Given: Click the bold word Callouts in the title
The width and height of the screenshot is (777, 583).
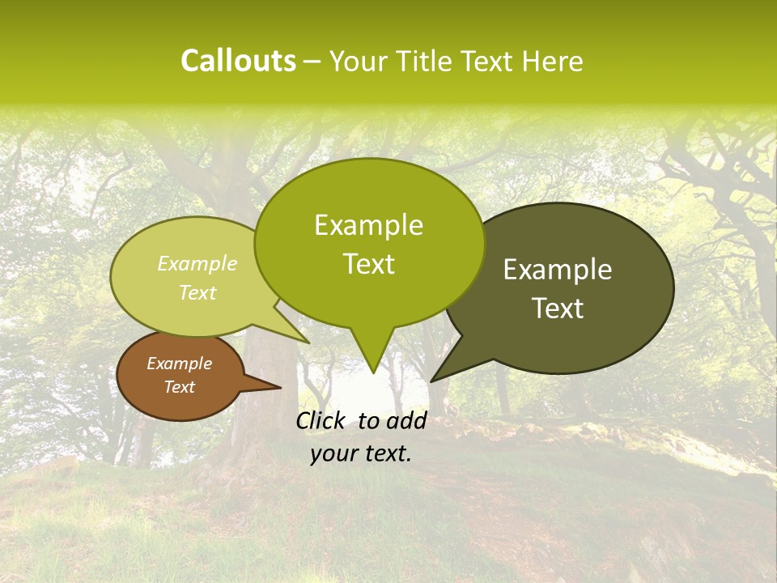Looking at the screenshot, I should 238,61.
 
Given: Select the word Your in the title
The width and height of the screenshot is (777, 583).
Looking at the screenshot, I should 358,61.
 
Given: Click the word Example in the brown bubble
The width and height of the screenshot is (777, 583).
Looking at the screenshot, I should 179,364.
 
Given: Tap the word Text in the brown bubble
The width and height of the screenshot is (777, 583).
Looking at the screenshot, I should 179,387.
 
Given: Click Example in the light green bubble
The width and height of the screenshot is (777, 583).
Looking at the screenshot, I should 197,264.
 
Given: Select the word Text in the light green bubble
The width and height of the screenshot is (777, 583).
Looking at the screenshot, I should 197,292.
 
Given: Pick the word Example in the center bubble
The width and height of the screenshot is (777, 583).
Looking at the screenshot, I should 368,225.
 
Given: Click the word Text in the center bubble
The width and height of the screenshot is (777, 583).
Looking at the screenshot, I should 368,264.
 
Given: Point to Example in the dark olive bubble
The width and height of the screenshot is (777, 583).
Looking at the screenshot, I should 558,270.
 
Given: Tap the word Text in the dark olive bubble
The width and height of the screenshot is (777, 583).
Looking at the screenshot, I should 558,309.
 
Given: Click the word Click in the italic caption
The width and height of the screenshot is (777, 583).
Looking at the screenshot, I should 321,420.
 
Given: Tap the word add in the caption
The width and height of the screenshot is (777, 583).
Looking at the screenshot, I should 405,420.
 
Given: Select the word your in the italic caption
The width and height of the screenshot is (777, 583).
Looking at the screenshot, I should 333,453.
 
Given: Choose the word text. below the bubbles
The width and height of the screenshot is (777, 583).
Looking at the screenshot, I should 385,453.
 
